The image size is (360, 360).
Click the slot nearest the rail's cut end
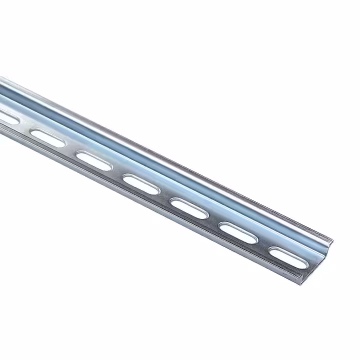[x=285, y=253]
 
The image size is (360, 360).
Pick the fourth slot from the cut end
[x=141, y=183]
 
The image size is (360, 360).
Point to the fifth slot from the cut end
[x=94, y=160]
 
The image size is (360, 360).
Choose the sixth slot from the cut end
[x=47, y=137]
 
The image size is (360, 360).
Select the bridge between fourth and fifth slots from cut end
[x=117, y=172]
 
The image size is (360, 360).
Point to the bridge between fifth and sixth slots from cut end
[x=70, y=148]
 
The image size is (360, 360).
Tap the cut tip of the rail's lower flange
[x=298, y=276]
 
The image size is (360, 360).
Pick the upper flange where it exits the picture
[x=2, y=80]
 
